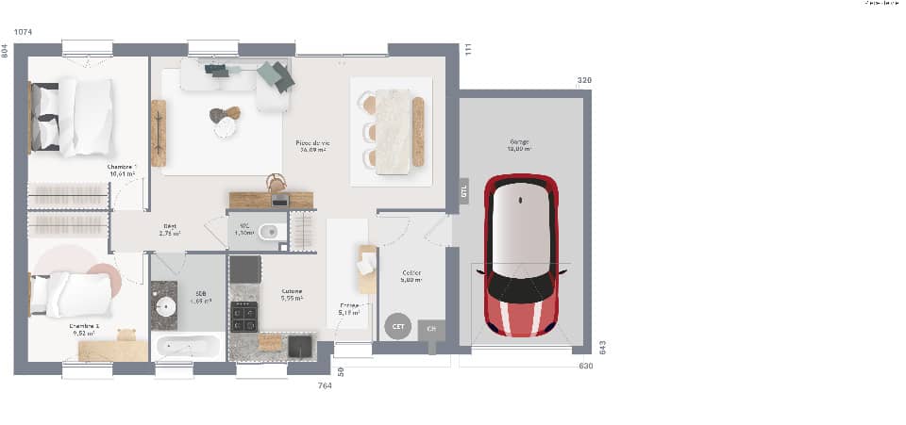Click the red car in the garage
(521, 254)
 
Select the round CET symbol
(396, 326)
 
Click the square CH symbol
(431, 329)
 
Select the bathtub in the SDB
(187, 347)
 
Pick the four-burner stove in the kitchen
(244, 316)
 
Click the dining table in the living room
(392, 131)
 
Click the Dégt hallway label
(170, 228)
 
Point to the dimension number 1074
(24, 32)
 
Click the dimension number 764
(325, 385)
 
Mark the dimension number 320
(584, 81)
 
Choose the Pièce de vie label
(312, 145)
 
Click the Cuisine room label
(292, 294)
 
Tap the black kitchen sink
(300, 345)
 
